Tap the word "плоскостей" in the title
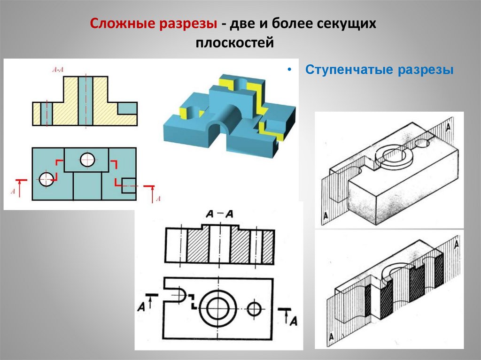coord(234,43)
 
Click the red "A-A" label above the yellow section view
coord(58,70)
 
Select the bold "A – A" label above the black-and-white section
coord(219,214)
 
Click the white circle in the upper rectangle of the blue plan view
coord(87,160)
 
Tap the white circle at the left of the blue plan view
coord(46,179)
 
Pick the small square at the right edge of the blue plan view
coord(129,183)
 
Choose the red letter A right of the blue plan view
coord(158,199)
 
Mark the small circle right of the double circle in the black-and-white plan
coord(254,308)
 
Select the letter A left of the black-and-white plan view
coord(141,307)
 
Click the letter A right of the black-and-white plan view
coord(293,321)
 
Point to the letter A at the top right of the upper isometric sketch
coord(450,127)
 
